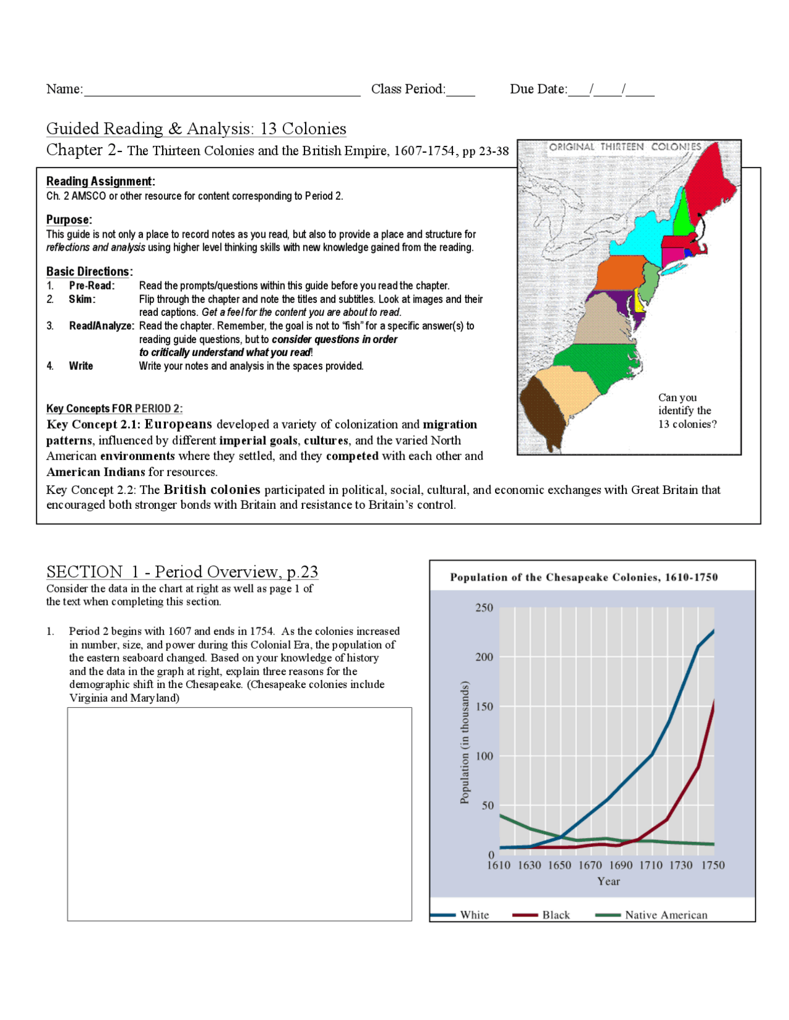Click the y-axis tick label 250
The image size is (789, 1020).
coord(484,608)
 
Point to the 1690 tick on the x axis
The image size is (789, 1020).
coord(621,865)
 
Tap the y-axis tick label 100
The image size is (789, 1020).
coord(484,756)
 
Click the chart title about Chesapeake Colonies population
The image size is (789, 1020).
coord(584,577)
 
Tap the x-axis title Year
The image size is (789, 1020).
coord(608,881)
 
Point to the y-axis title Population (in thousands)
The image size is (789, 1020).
coord(465,742)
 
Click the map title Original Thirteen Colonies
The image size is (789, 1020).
coord(625,147)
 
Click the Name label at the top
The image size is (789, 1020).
coord(64,89)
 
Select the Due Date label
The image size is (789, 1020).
coord(538,89)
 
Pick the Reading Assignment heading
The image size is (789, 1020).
coord(100,181)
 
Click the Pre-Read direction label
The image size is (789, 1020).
coord(92,286)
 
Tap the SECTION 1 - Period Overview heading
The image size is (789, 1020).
coord(182,572)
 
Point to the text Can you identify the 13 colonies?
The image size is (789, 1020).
coord(687,410)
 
